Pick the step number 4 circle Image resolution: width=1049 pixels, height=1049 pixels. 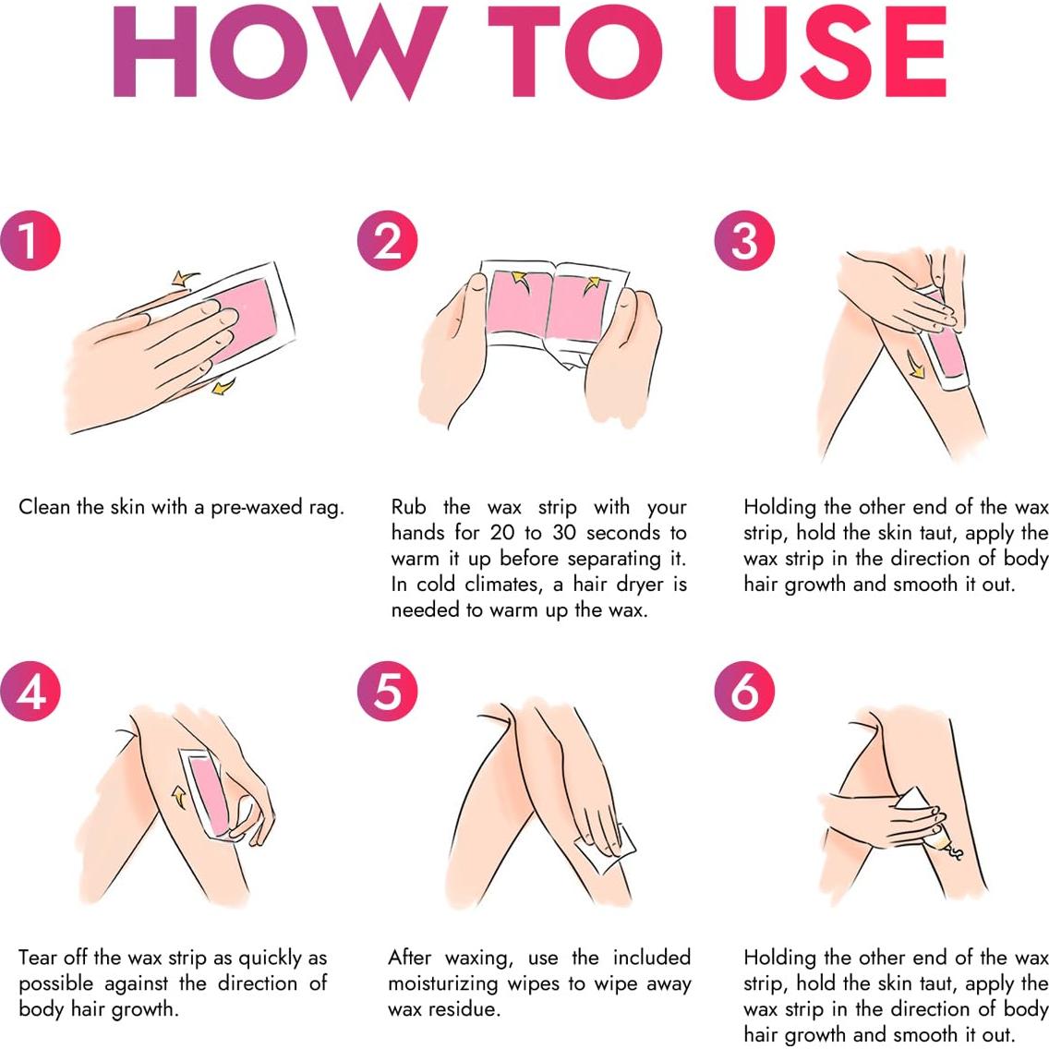click(x=30, y=691)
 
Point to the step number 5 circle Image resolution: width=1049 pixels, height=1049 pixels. click(x=387, y=691)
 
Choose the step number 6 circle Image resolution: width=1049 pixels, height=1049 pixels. click(x=744, y=691)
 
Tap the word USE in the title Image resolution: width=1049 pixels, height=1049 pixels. click(x=829, y=53)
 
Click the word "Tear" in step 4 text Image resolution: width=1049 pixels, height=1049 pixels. click(x=38, y=958)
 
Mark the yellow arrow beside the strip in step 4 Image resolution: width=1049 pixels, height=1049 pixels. click(x=178, y=797)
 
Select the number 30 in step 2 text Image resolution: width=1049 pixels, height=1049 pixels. click(x=565, y=533)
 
